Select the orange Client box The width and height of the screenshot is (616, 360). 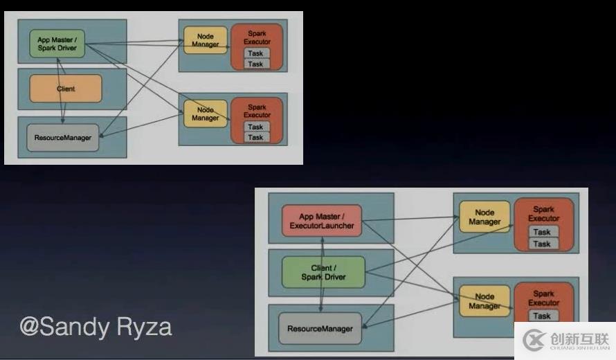click(x=66, y=89)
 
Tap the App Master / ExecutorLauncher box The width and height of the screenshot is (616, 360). click(x=321, y=221)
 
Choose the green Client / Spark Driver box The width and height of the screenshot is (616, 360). click(x=323, y=272)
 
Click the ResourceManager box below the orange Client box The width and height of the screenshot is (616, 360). click(x=63, y=138)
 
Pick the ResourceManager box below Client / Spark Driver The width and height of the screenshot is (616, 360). click(x=320, y=329)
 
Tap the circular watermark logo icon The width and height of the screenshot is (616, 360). click(x=534, y=340)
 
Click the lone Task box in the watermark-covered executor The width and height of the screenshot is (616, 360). click(x=542, y=316)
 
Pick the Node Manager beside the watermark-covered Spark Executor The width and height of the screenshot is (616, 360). click(x=484, y=301)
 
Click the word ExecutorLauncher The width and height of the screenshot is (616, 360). click(x=322, y=226)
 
